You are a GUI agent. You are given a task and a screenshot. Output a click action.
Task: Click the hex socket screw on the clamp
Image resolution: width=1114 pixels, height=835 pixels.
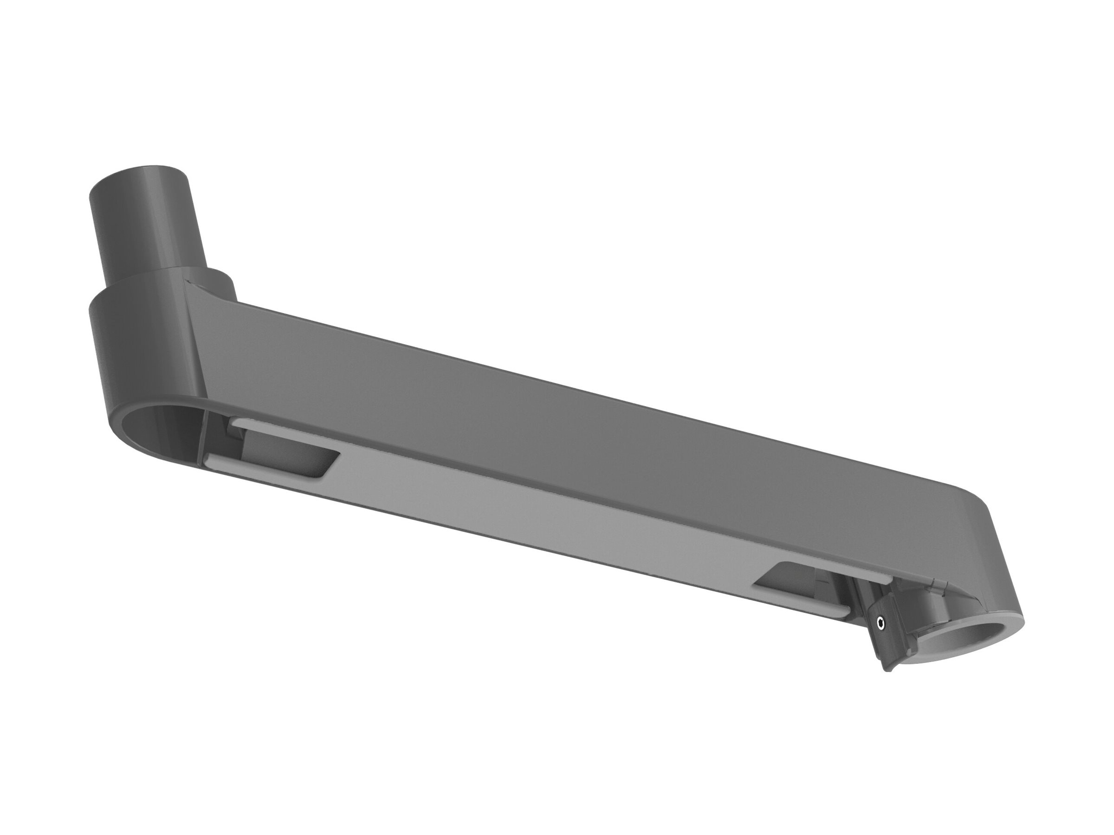pos(880,624)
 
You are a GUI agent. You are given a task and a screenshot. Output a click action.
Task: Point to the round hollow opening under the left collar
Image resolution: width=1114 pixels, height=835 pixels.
pos(161,430)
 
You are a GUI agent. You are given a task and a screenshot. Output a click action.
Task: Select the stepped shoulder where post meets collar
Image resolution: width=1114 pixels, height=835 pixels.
pos(151,279)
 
